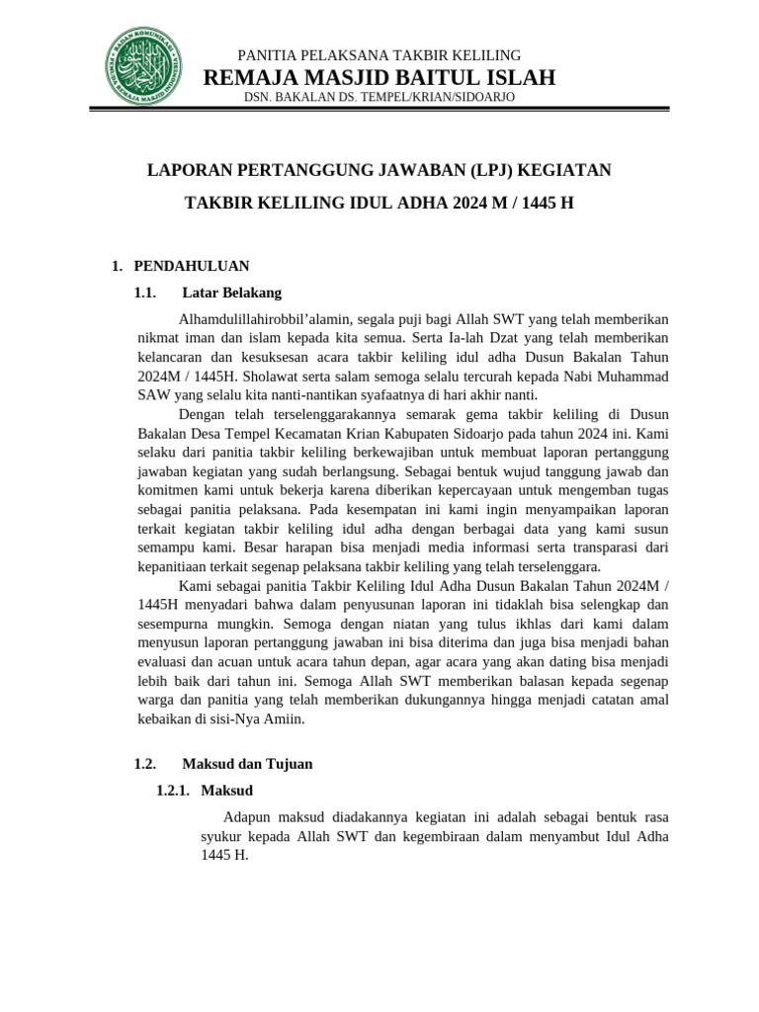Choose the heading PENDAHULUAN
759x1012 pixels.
[192, 266]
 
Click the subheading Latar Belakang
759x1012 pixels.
[232, 294]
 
